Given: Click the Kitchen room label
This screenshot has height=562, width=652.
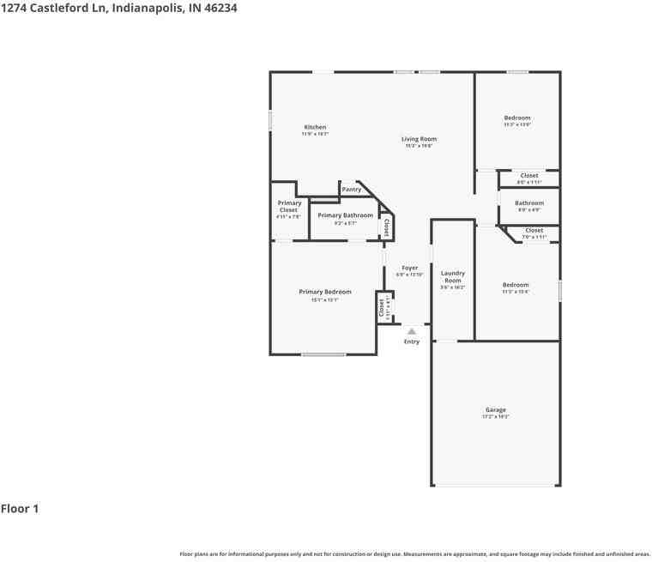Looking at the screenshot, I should pos(315,127).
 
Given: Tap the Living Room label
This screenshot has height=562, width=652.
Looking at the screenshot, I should pos(419,139).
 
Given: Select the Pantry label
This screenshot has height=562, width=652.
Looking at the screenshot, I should pos(351,189).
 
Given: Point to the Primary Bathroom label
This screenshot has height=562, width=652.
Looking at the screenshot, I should pos(345,215).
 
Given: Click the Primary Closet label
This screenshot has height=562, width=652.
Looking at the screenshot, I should pos(288,207).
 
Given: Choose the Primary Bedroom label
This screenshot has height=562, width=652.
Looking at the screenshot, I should pos(324,292).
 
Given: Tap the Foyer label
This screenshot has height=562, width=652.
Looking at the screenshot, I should pos(409,268).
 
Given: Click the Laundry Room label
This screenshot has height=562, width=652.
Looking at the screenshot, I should pos(452,276).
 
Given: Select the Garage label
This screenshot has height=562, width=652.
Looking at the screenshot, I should pos(495,409).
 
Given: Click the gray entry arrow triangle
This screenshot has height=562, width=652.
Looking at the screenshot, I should pos(412,331).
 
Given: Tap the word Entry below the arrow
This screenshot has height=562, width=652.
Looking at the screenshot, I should pos(412,341).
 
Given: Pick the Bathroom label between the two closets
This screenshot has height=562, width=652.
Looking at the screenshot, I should pos(529,203).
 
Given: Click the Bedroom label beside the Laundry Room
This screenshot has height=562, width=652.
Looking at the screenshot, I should pos(516,285).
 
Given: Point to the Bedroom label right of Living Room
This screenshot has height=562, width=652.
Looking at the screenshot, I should pos(516,118).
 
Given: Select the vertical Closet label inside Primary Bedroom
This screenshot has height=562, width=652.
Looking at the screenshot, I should pos(382,308).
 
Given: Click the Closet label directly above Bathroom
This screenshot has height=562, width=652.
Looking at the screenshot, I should pos(529,176).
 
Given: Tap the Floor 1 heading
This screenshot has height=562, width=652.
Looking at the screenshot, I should pos(20,509).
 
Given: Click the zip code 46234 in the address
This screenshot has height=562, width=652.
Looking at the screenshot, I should pos(218,8).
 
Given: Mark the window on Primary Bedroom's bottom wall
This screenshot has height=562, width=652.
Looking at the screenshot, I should pos(323,354).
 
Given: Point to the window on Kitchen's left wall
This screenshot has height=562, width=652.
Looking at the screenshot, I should pos(270,121).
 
